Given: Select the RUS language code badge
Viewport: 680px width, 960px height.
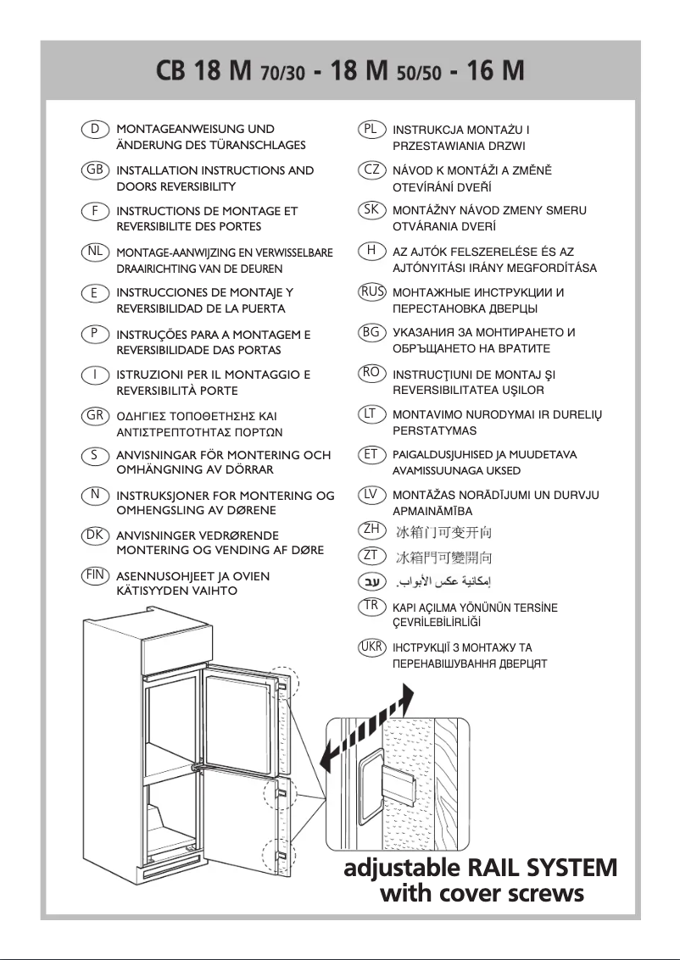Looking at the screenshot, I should [371, 292].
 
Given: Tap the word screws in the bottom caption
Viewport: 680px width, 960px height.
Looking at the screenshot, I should [543, 893].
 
